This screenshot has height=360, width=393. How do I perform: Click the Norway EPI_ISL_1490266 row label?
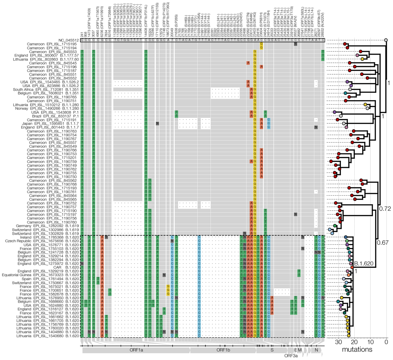49,108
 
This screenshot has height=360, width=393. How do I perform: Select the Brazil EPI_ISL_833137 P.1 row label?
55,116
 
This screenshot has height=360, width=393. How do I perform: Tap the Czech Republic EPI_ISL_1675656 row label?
42,241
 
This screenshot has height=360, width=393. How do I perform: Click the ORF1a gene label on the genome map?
136,350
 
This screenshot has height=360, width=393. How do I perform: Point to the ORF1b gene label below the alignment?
223,350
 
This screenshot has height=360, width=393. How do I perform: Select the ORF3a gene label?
290,355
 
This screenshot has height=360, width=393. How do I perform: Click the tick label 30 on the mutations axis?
338,342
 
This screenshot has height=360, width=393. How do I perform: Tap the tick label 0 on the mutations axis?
386,342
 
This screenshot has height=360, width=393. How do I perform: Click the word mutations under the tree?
357,350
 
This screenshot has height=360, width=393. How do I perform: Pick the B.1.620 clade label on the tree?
362,264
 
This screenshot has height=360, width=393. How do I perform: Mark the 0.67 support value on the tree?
382,243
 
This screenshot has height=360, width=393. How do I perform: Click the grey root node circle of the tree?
386,40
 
